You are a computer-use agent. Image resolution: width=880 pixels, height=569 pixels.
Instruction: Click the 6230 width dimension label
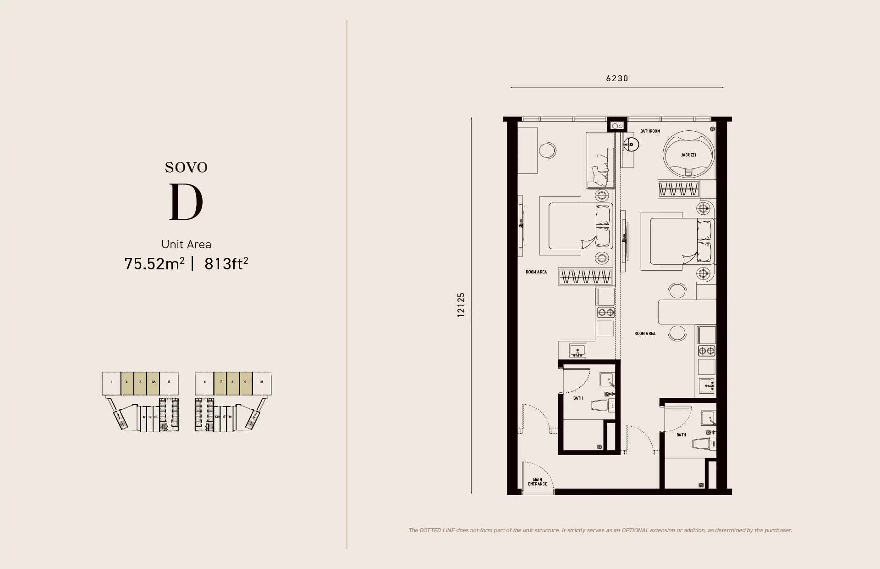(617, 78)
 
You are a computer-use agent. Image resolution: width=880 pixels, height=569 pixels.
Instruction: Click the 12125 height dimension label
(461, 305)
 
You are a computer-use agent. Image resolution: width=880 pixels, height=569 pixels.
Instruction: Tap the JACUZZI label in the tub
(688, 155)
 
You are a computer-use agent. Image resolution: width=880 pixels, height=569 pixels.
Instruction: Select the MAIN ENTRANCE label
(537, 482)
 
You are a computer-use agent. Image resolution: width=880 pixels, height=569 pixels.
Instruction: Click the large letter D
(186, 202)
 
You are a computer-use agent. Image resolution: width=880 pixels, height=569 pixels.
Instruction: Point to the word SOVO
(186, 167)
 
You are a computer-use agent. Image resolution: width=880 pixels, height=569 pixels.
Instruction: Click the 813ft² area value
(226, 264)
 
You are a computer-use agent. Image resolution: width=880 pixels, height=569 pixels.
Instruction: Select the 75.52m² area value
(154, 264)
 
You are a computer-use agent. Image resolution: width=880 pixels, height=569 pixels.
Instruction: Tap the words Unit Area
(186, 244)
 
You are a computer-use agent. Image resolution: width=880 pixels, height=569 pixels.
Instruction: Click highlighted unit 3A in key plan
(154, 382)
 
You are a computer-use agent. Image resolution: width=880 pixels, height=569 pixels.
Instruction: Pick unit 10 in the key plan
(261, 382)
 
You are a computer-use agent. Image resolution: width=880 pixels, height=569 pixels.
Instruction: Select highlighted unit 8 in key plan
(233, 382)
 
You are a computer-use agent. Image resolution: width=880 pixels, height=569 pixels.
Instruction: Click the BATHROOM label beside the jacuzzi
(650, 131)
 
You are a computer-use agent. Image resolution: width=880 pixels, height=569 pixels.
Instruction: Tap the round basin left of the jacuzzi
(631, 145)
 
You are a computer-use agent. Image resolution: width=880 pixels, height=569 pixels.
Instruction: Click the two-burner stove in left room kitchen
(605, 313)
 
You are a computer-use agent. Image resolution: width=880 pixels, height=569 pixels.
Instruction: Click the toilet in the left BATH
(600, 406)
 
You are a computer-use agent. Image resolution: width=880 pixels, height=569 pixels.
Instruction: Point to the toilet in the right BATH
(702, 444)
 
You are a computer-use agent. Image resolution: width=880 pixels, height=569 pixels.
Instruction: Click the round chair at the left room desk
(547, 151)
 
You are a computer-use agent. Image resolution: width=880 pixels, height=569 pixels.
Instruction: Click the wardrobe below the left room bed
(586, 277)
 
